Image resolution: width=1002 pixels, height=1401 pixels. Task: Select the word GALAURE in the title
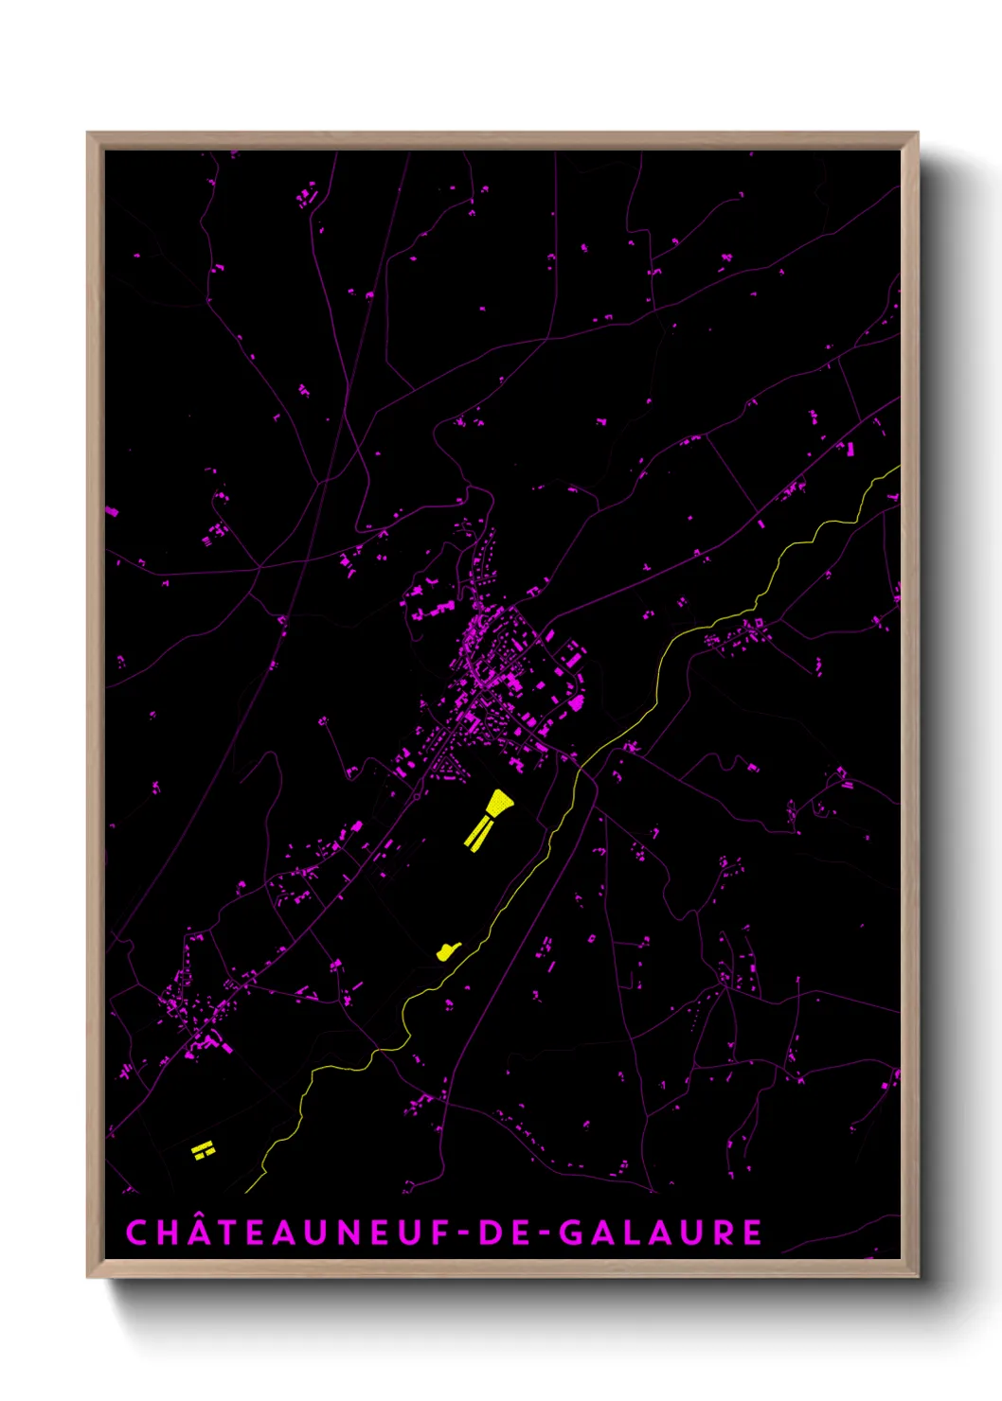click(x=660, y=1233)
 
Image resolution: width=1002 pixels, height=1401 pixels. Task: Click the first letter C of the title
click(x=137, y=1233)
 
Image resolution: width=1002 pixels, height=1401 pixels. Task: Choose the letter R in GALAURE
click(x=723, y=1233)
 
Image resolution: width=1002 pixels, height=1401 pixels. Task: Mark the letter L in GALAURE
click(x=631, y=1233)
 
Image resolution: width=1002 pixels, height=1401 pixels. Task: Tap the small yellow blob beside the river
click(x=446, y=950)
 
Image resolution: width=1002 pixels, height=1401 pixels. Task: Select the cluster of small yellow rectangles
click(x=203, y=1150)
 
